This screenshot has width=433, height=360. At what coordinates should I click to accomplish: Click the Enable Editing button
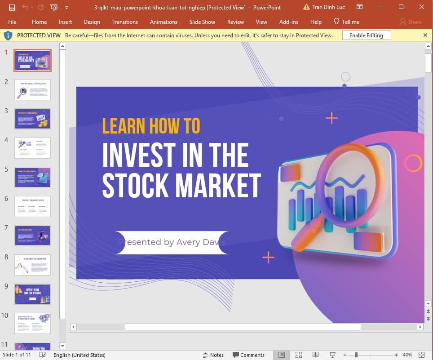367,35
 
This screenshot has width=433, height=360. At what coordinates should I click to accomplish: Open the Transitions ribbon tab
125,22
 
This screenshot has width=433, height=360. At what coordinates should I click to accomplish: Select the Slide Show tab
202,22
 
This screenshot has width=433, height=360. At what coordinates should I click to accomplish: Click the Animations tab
163,22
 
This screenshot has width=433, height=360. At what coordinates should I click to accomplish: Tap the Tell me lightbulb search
346,22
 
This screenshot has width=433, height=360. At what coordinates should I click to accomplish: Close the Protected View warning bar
425,35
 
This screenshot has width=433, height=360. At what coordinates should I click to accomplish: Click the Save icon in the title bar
12,7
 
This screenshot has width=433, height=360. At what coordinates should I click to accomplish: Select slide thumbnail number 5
32,177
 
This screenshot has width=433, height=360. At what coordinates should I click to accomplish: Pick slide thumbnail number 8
32,265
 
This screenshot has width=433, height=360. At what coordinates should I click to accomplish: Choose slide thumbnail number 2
32,89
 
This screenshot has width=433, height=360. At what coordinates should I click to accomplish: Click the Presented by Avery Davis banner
172,242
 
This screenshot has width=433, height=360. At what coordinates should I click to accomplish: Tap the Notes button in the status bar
213,355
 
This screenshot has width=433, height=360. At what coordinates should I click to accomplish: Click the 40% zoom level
407,355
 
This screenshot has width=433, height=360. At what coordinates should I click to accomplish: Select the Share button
411,22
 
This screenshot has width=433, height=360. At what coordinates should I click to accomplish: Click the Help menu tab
316,22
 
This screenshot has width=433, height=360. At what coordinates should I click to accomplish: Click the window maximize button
401,7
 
